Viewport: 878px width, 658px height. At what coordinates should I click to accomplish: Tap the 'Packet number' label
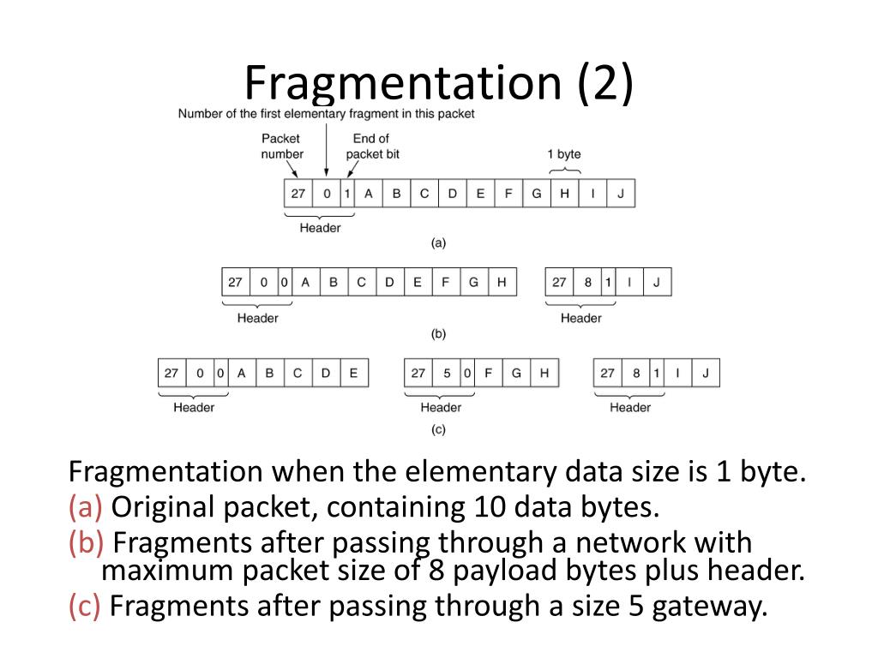click(282, 146)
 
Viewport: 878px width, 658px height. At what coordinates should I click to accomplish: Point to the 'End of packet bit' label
click(372, 146)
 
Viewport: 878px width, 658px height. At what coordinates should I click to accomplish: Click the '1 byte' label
click(563, 154)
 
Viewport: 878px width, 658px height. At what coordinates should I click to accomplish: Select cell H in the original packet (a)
click(564, 194)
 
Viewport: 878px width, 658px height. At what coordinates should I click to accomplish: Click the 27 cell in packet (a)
click(298, 194)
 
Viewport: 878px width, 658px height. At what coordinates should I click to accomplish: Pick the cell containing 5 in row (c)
click(448, 373)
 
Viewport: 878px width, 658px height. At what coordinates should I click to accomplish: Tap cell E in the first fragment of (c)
click(354, 373)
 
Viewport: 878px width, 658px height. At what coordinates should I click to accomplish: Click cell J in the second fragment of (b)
click(656, 283)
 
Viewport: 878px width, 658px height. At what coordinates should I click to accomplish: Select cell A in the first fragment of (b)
click(306, 283)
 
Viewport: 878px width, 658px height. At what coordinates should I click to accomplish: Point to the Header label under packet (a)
click(320, 228)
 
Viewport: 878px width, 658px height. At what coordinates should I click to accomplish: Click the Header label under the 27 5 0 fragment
click(441, 408)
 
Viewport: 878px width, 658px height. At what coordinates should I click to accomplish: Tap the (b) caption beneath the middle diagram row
click(438, 333)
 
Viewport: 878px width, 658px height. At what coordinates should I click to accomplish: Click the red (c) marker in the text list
click(86, 607)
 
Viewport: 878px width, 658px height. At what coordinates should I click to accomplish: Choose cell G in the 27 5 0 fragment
click(516, 373)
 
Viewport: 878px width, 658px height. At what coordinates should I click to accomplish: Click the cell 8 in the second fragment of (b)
click(588, 283)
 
